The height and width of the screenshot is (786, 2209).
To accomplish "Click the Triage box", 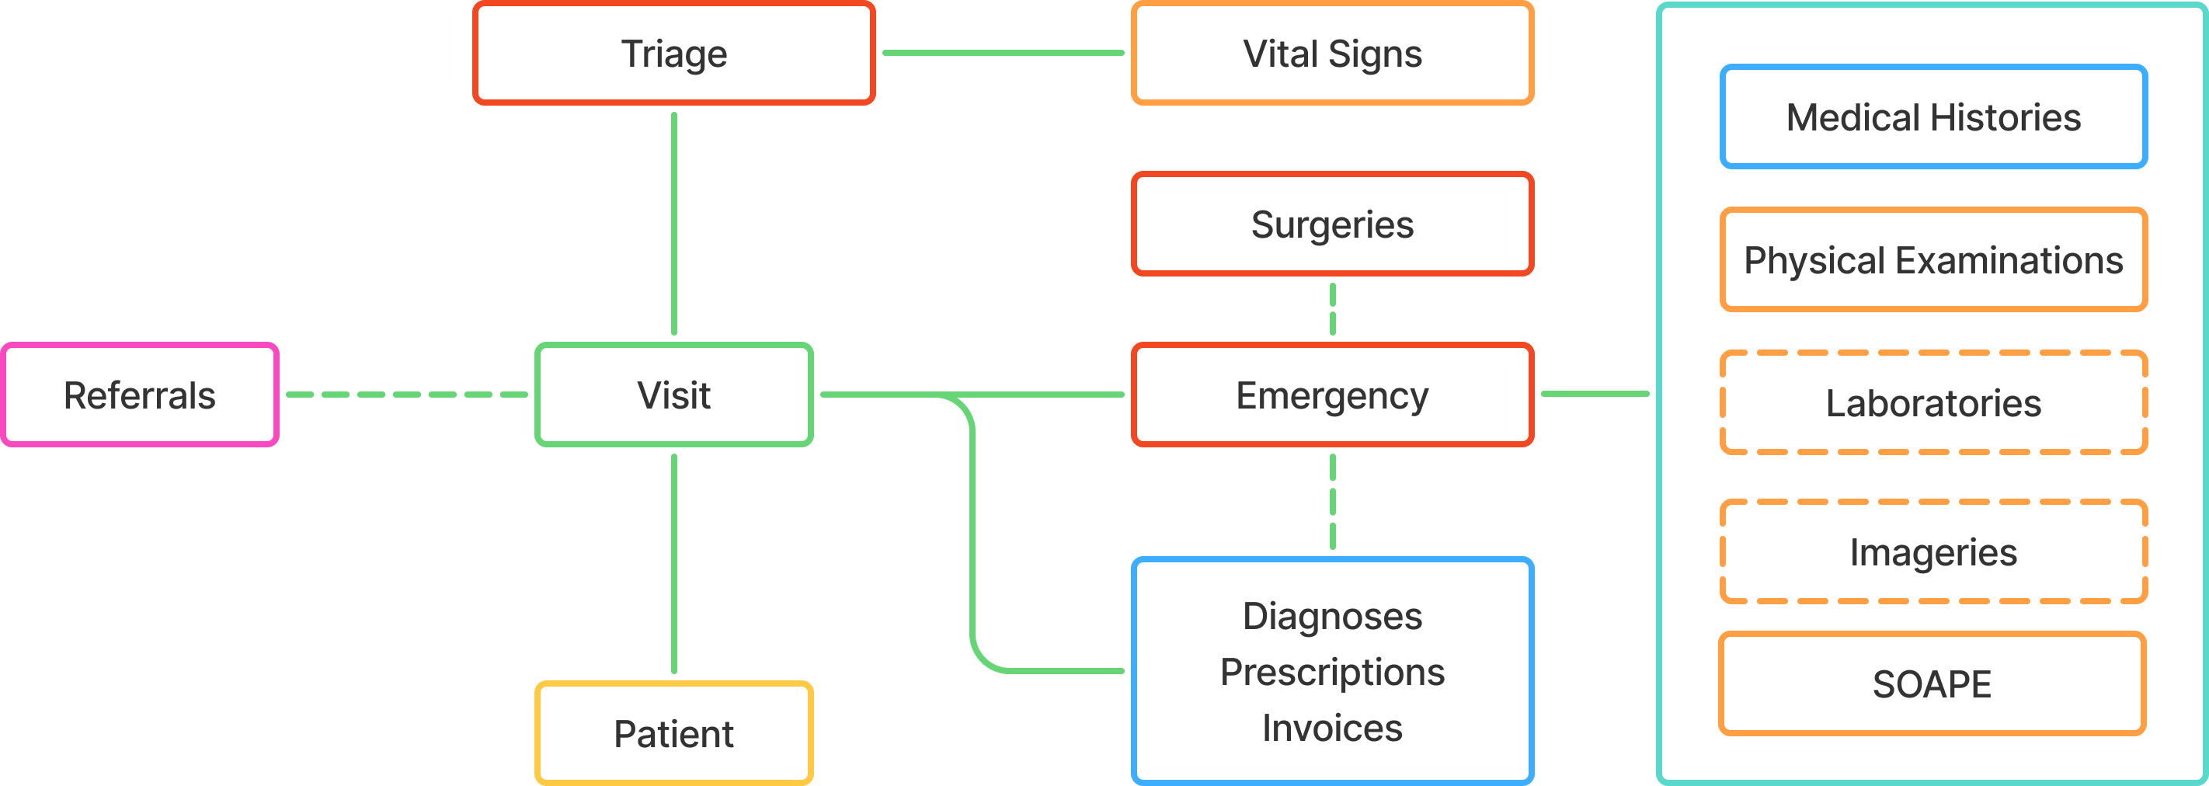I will (674, 53).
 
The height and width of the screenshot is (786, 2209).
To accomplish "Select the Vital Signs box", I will (1332, 53).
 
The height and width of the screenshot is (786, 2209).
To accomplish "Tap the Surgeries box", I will (1332, 224).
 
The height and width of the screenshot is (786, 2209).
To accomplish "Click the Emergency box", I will (1332, 395).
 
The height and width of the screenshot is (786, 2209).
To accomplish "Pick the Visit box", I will (674, 395).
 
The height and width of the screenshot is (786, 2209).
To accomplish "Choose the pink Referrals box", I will (140, 395).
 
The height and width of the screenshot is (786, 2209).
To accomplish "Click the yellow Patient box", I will (674, 733).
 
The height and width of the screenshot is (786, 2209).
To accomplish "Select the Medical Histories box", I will (1932, 117).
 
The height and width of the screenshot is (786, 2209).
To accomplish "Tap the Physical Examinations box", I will (1932, 259).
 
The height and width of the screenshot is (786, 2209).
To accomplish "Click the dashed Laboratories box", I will (1932, 403).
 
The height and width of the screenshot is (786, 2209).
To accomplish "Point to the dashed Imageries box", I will (1932, 552).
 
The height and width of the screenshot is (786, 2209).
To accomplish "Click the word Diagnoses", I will (1332, 616).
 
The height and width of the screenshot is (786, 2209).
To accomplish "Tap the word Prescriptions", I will (1332, 672).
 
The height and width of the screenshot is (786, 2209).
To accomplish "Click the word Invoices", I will (1332, 728).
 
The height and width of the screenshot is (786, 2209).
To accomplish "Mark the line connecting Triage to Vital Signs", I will (1004, 53).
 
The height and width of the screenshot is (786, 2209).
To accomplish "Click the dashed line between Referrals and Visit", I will (406, 395).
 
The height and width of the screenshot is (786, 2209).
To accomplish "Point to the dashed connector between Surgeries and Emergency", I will (1332, 309).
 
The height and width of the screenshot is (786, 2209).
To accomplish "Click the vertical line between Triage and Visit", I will (674, 223).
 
